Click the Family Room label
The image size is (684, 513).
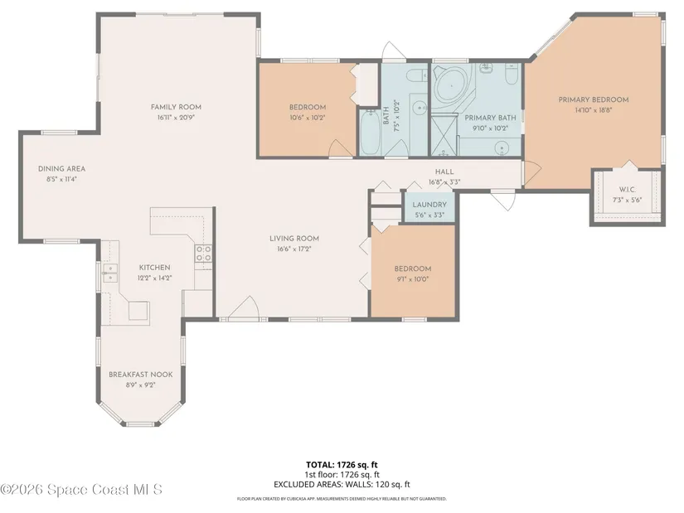point(176,107)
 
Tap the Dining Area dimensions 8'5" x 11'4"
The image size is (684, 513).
point(61,179)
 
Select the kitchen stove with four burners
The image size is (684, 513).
point(203,254)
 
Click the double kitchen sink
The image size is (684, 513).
point(110,273)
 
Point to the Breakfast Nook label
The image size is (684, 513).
point(140,375)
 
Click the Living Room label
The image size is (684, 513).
point(294,238)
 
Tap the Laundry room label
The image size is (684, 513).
point(429,205)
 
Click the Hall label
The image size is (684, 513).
point(444,172)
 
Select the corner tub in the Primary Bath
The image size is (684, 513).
point(453,85)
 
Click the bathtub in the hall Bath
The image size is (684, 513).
point(371,133)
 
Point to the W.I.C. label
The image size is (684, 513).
point(628,190)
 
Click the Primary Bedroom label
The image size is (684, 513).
point(594,99)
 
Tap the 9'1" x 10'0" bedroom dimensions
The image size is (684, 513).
point(413,279)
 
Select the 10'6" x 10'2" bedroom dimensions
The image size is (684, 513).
point(308,118)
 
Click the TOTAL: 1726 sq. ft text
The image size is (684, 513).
point(342,465)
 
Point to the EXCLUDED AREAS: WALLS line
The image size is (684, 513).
point(342,484)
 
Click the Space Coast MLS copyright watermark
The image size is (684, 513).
point(81,490)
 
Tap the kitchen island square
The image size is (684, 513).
point(139,311)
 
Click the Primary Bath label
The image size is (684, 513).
point(490,118)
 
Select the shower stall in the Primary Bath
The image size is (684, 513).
point(444,134)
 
